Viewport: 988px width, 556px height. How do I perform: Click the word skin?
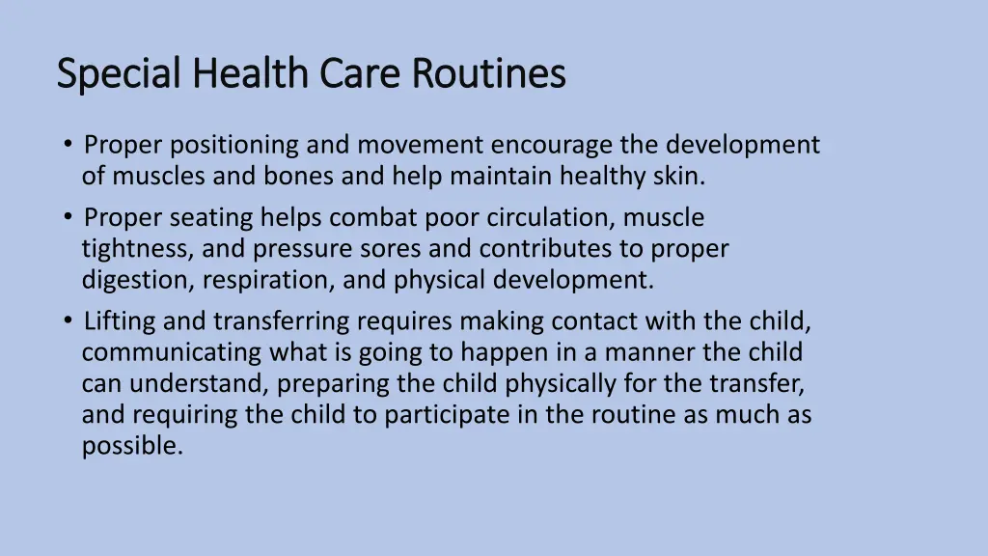click(682, 177)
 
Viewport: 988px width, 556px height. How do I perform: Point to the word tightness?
click(138, 249)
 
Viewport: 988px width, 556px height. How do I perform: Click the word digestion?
click(134, 281)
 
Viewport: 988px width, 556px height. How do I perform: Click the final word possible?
click(132, 447)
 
